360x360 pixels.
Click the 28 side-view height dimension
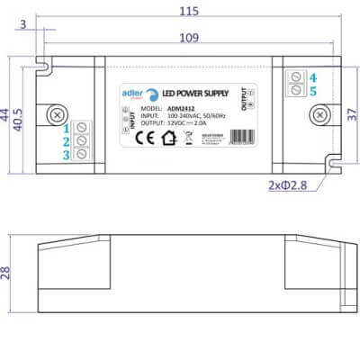(x=7, y=273)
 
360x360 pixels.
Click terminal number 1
(x=67, y=127)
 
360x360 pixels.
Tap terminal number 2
(x=67, y=141)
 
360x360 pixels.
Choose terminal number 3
(x=67, y=155)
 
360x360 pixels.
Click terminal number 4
(x=312, y=77)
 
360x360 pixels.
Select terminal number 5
(x=312, y=91)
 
